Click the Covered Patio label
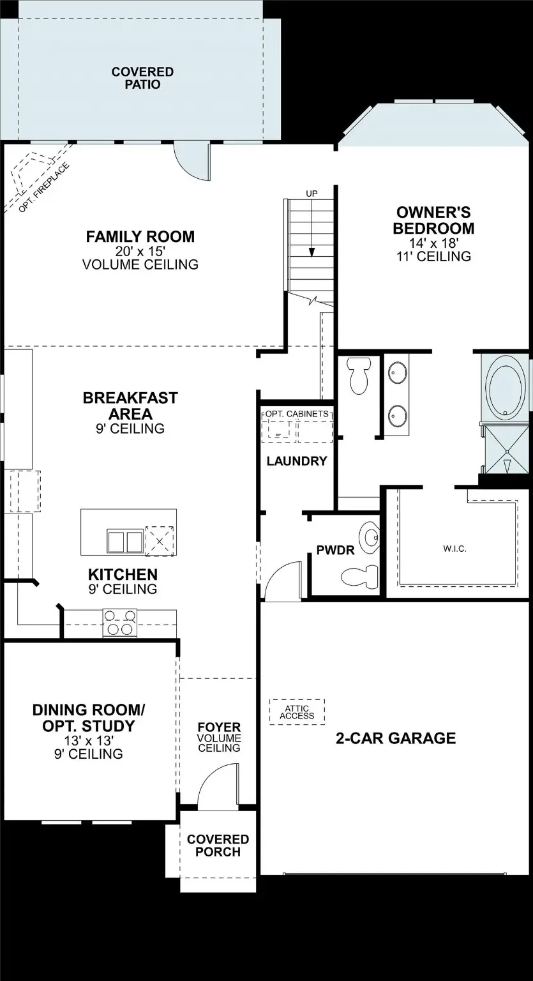142,78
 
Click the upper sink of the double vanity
399,372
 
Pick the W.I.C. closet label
455,548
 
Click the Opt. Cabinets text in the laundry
297,414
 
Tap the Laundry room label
297,460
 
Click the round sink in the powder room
368,536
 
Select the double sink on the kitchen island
124,541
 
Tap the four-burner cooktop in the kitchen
120,623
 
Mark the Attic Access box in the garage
297,712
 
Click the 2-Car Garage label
396,738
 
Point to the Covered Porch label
218,845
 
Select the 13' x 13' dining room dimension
89,741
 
